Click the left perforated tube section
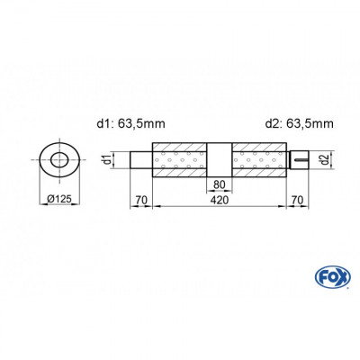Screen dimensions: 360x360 click(x=182, y=161)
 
